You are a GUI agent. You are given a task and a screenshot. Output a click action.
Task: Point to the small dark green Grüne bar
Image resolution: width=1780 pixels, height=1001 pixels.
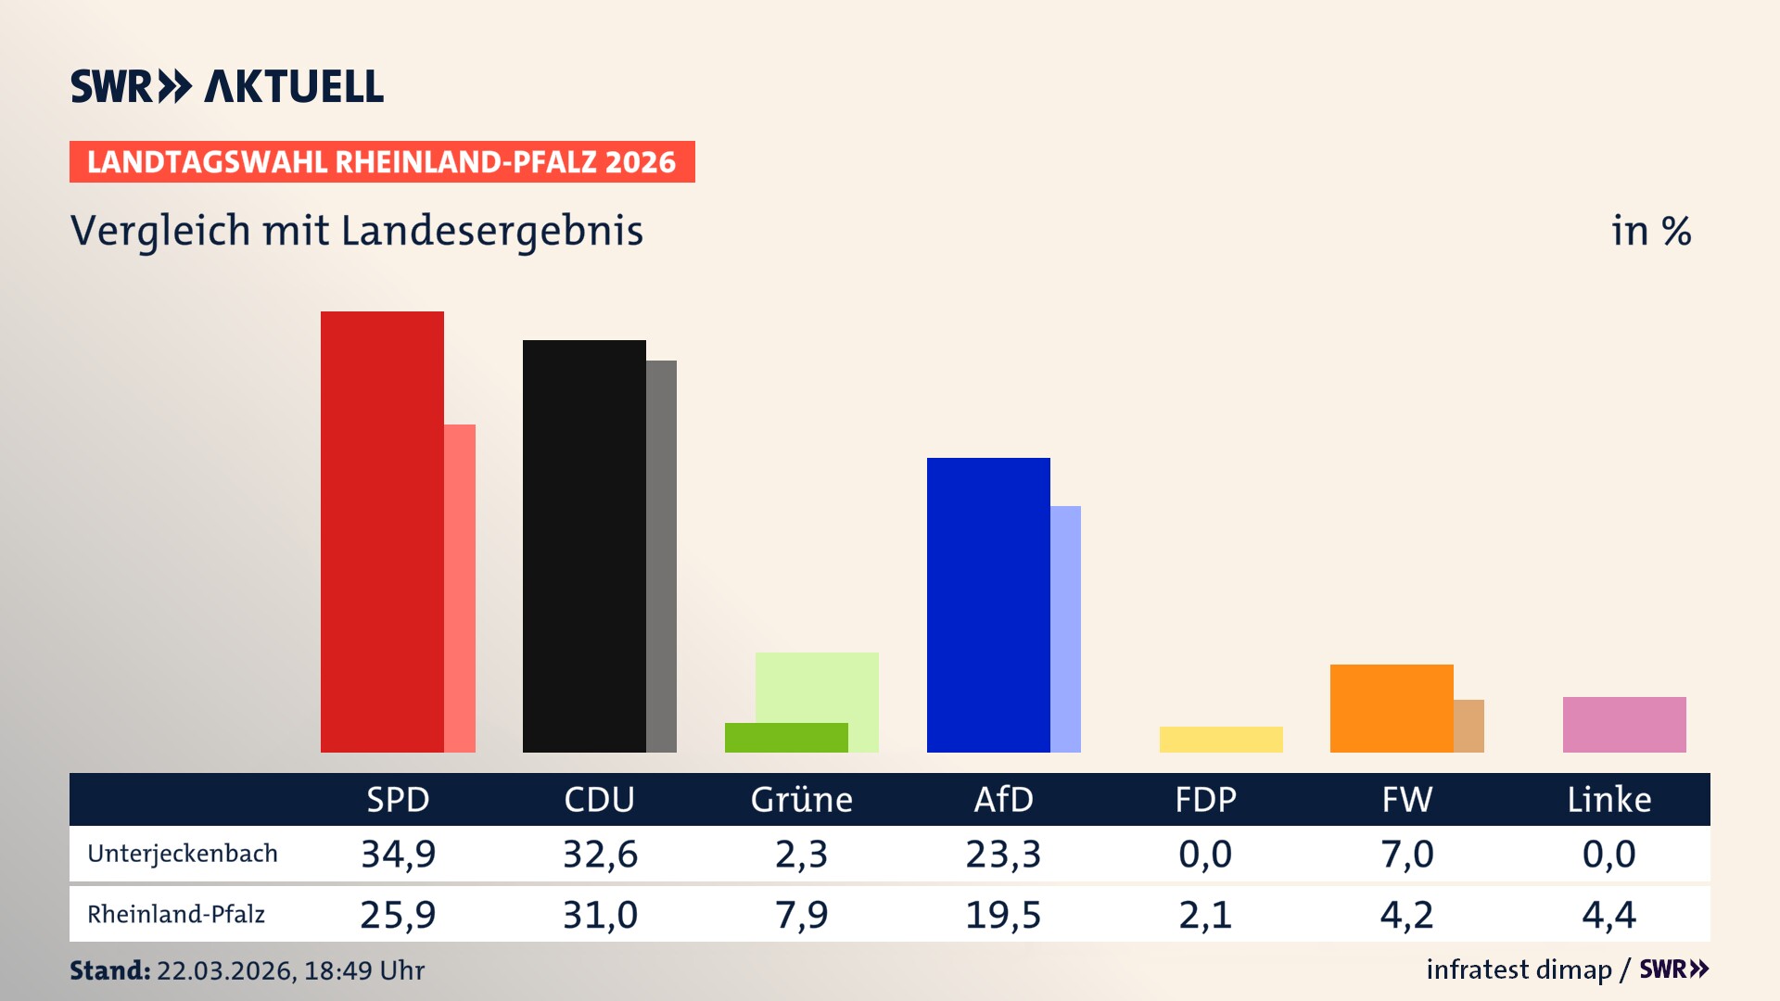click(x=786, y=738)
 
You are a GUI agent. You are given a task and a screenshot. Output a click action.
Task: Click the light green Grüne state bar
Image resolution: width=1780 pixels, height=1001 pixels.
click(x=817, y=686)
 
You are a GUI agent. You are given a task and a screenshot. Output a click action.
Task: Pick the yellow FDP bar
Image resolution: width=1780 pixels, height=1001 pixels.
click(x=1221, y=740)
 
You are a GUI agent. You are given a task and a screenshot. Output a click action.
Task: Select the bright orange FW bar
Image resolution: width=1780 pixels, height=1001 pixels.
click(x=1392, y=708)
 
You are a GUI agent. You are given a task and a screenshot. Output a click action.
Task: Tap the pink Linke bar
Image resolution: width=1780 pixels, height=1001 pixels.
click(x=1624, y=725)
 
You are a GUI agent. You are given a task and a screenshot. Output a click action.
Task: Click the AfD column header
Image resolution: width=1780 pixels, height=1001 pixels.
click(x=1003, y=799)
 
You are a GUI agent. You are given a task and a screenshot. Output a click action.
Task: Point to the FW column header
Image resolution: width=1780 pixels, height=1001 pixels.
click(x=1407, y=799)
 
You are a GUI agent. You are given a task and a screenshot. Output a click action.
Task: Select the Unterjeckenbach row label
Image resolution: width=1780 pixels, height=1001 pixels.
click(x=183, y=854)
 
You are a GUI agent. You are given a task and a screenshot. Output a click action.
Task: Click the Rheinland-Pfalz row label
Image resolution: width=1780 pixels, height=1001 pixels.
click(x=176, y=915)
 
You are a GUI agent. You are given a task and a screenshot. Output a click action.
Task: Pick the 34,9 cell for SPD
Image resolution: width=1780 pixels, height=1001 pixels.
click(x=398, y=854)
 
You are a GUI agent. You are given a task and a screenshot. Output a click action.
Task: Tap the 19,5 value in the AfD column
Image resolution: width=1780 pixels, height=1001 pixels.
click(x=1003, y=915)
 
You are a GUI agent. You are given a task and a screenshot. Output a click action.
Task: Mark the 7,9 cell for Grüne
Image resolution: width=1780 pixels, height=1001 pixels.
click(x=801, y=915)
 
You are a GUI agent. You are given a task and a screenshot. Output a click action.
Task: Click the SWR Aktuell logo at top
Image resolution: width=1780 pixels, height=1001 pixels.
click(x=227, y=86)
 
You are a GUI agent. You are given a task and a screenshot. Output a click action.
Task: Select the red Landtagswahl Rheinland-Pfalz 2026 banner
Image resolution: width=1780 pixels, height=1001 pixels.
click(x=382, y=161)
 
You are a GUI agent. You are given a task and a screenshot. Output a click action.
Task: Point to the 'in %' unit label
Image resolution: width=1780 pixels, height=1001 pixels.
click(x=1651, y=231)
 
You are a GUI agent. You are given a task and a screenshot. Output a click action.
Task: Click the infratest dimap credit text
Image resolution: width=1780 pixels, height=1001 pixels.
click(x=1519, y=969)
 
